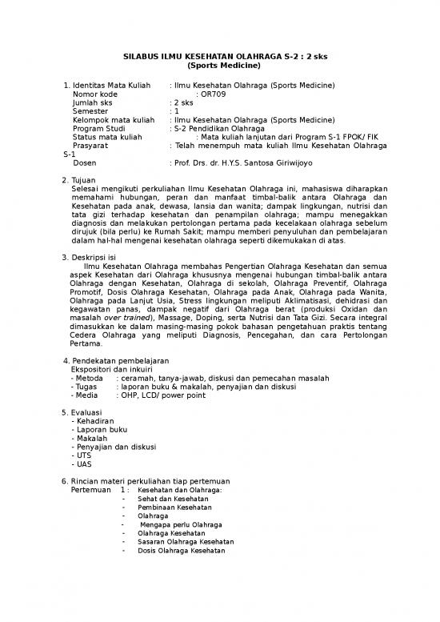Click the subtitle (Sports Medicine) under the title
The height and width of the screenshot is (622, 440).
219,67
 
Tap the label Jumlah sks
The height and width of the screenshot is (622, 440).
93,102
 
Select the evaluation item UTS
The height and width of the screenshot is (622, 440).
83,455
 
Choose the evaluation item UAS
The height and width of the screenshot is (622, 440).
83,464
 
